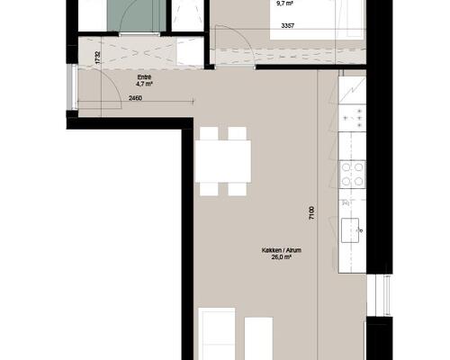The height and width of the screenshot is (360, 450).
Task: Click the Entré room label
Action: pyautogui.click(x=144, y=77)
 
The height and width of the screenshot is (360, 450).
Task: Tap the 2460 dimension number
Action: pyautogui.click(x=135, y=98)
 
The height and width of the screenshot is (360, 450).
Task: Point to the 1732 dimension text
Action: pyautogui.click(x=97, y=58)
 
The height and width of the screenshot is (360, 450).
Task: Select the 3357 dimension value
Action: pyautogui.click(x=288, y=26)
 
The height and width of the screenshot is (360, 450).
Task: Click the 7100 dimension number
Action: pyautogui.click(x=312, y=213)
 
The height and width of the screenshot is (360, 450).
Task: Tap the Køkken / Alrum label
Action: pyautogui.click(x=282, y=250)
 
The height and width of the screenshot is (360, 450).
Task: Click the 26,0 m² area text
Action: pyautogui.click(x=282, y=257)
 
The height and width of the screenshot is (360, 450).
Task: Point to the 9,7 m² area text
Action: pyautogui.click(x=284, y=4)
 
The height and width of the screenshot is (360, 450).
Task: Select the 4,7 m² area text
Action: pyautogui.click(x=144, y=84)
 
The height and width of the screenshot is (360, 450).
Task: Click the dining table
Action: pyautogui.click(x=223, y=161)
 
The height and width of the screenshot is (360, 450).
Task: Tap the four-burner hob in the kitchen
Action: pyautogui.click(x=352, y=175)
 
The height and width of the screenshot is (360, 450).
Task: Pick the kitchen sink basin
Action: pyautogui.click(x=350, y=230)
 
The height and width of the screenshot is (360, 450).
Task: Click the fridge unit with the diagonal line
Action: pyautogui.click(x=352, y=90)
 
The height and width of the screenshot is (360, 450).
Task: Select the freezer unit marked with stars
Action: pyautogui.click(x=352, y=118)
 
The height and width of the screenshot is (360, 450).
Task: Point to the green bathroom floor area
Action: pyautogui.click(x=137, y=15)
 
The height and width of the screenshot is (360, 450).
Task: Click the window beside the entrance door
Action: pyautogui.click(x=72, y=87)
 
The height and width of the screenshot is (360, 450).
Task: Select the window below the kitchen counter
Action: pyautogui.click(x=380, y=295)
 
